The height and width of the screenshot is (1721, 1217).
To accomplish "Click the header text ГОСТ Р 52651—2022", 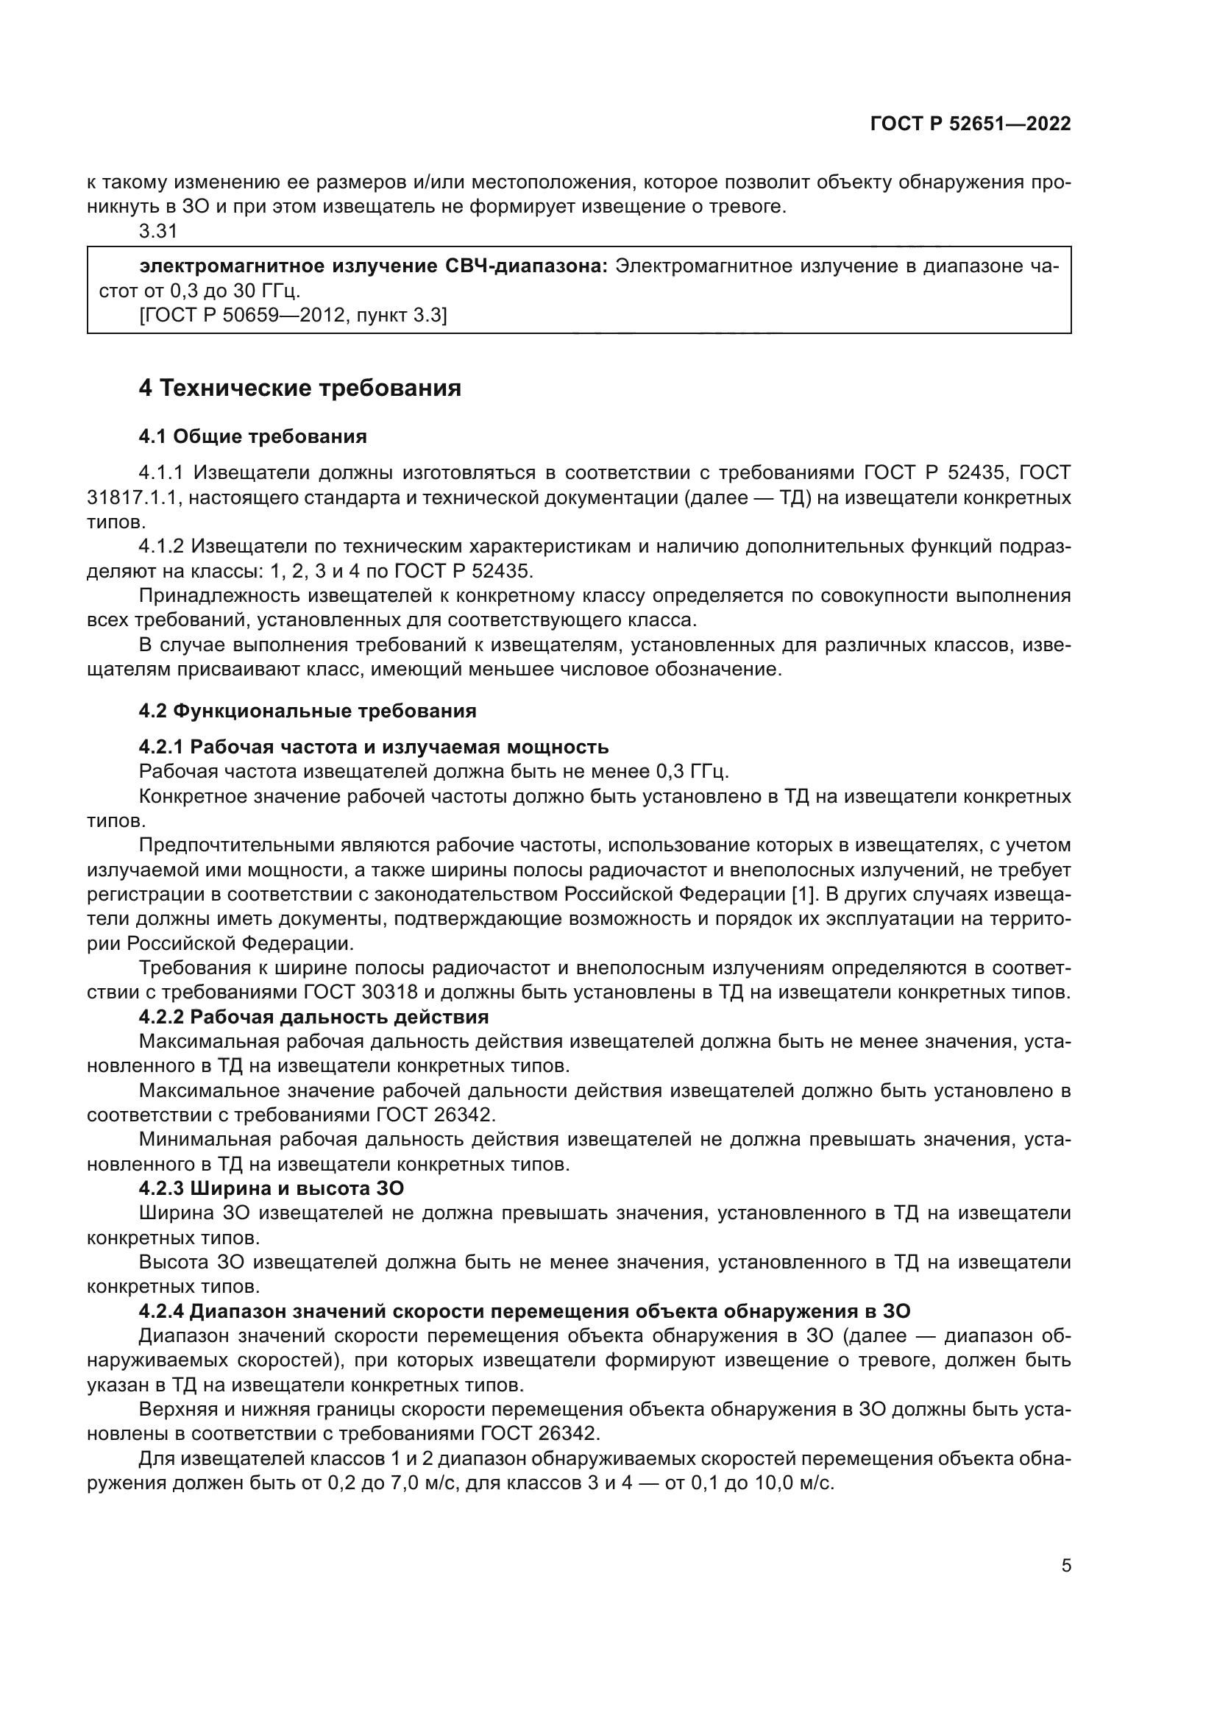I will pyautogui.click(x=971, y=124).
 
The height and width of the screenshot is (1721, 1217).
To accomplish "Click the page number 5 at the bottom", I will pyautogui.click(x=1065, y=1565).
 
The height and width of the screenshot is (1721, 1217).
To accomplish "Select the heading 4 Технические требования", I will pyautogui.click(x=299, y=388).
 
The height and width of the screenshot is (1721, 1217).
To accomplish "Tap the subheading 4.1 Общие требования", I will pyautogui.click(x=252, y=436).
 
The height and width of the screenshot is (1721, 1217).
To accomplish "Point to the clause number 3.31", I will pyautogui.click(x=158, y=232).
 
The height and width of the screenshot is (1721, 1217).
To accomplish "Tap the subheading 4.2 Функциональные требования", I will pyautogui.click(x=308, y=711).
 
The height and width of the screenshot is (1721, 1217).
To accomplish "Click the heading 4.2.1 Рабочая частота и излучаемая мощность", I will pyautogui.click(x=373, y=747).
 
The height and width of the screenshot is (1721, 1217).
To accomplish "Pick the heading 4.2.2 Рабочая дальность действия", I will pyautogui.click(x=313, y=1017).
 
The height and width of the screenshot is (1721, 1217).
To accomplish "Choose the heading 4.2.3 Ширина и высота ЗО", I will pyautogui.click(x=272, y=1188).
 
